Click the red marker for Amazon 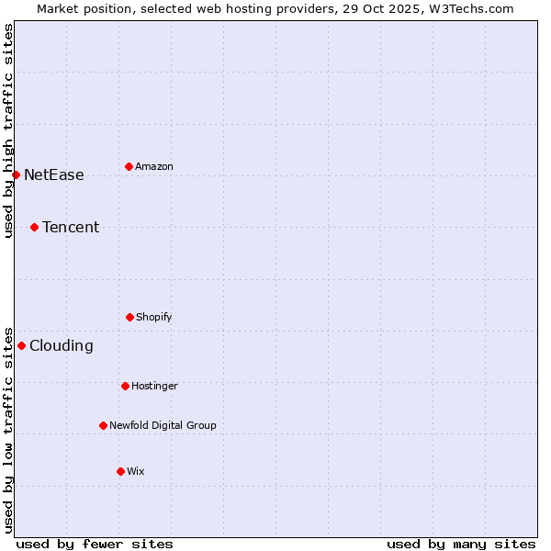point(129,166)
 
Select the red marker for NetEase point(16,174)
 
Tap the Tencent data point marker point(34,227)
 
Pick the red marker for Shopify point(129,317)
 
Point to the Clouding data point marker point(21,345)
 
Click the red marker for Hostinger point(125,386)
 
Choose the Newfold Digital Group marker point(103,425)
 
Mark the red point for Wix point(120,471)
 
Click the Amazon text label point(154,166)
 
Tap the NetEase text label point(54,174)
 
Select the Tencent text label point(71,227)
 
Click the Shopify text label point(154,317)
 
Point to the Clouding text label point(62,345)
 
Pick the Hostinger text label point(154,386)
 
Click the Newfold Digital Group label point(163,425)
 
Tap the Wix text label point(136,471)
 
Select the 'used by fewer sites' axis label point(95,544)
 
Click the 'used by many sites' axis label point(461,544)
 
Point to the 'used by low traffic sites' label point(8,429)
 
